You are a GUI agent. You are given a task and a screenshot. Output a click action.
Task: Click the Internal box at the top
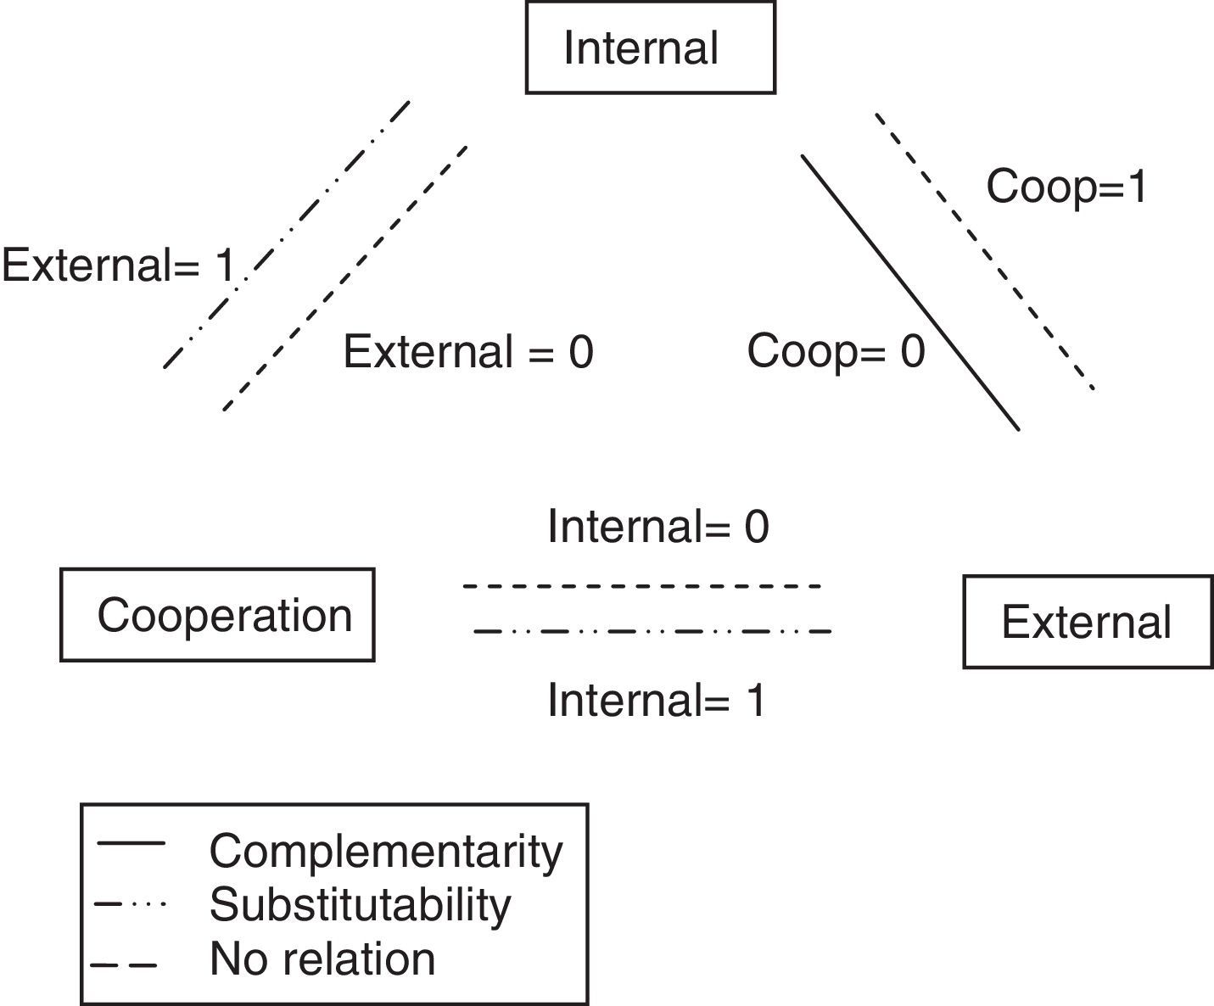click(650, 48)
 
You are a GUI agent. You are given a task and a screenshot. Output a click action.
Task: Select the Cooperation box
click(217, 615)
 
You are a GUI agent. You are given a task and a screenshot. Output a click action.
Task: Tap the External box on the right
click(1087, 622)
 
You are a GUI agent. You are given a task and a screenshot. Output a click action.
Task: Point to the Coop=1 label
click(1066, 186)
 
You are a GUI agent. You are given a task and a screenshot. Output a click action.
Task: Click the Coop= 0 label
click(836, 350)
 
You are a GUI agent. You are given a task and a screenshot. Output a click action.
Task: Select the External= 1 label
click(119, 265)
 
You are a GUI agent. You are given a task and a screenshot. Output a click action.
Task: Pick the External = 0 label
click(467, 351)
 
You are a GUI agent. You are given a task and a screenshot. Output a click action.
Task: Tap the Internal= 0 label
click(657, 527)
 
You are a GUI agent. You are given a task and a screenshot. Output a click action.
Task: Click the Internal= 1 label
click(657, 701)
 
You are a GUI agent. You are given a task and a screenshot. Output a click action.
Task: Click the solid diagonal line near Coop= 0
click(909, 293)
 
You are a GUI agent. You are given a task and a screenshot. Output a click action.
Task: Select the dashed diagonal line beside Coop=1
click(984, 251)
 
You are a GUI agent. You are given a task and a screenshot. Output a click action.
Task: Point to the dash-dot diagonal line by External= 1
click(287, 234)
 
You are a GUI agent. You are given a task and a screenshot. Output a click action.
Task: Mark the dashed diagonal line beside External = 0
click(344, 278)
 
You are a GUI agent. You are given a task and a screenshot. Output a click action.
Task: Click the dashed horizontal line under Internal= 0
click(642, 586)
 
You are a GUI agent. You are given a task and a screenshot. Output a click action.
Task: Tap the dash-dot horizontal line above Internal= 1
click(652, 631)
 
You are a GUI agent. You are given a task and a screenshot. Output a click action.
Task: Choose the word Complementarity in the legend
click(385, 851)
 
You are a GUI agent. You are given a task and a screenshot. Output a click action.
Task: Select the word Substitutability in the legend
click(360, 905)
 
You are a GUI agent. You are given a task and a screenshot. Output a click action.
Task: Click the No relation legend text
click(322, 959)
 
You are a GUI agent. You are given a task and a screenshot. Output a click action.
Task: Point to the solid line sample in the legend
click(131, 843)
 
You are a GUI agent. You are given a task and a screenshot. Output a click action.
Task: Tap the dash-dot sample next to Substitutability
click(131, 904)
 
